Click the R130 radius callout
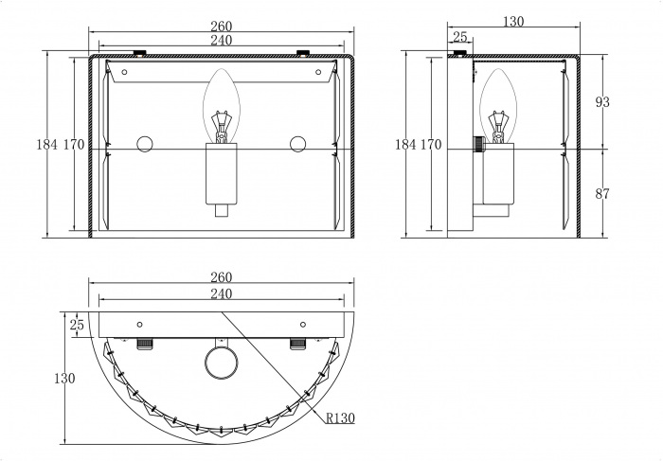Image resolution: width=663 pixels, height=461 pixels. [x=340, y=417]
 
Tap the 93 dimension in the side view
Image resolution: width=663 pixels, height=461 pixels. [x=602, y=102]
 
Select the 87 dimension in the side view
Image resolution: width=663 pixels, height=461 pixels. [x=602, y=194]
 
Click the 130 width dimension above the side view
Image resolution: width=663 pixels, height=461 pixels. [x=513, y=21]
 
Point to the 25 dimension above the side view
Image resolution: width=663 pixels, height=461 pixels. [x=460, y=37]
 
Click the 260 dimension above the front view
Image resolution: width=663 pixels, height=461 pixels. [x=222, y=27]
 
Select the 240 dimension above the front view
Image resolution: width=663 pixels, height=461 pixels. [x=222, y=40]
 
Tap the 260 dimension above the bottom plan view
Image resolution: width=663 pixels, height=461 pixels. [x=222, y=277]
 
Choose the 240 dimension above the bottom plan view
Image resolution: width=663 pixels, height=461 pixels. [x=222, y=293]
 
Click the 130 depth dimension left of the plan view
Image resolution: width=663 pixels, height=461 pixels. [x=64, y=379]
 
